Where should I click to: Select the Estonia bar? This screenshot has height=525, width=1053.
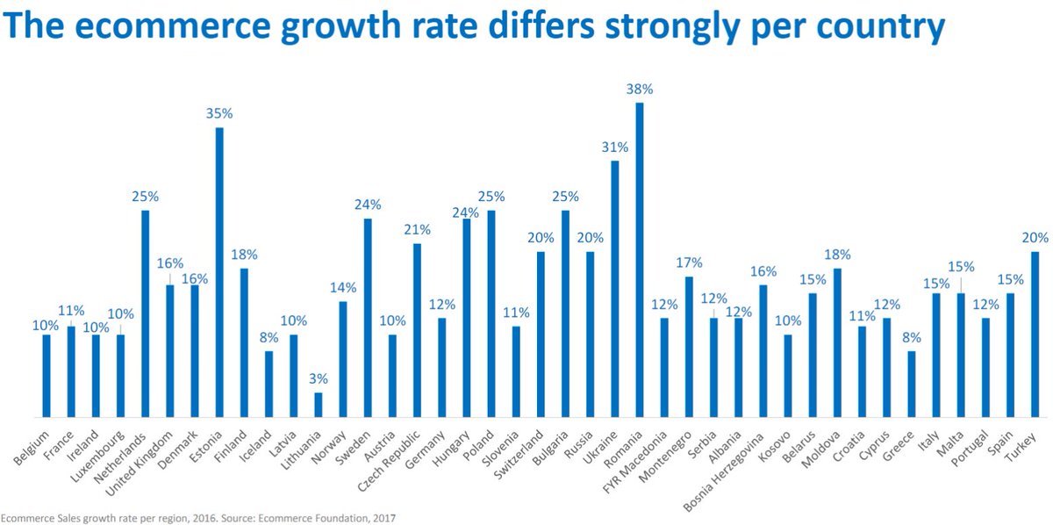[219, 272]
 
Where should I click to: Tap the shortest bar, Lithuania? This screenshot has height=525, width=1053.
[319, 405]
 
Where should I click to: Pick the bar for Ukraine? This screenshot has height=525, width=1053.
[615, 289]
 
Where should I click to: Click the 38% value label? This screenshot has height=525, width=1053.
[640, 90]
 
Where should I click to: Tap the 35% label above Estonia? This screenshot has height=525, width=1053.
[219, 114]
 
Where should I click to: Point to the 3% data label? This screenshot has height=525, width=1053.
[319, 378]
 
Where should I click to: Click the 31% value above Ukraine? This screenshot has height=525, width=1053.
[615, 147]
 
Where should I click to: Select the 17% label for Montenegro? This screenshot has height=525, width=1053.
[689, 262]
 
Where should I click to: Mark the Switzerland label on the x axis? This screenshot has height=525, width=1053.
[524, 452]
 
